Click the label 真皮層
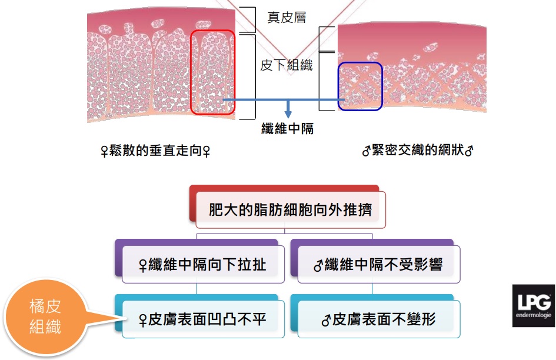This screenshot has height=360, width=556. (287, 18)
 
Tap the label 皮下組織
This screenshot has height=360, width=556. (287, 65)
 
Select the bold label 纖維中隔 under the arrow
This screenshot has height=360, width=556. (287, 128)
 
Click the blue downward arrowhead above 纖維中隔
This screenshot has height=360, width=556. (287, 112)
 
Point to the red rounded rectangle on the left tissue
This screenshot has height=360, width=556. (213, 72)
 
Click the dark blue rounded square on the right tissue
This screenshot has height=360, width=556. (360, 86)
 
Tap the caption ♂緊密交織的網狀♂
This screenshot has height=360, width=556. (418, 151)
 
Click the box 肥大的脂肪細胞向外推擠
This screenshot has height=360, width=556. (290, 210)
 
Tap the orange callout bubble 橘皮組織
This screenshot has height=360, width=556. (45, 315)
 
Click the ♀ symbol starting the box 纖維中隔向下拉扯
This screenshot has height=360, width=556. (141, 265)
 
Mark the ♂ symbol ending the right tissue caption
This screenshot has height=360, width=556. (469, 151)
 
